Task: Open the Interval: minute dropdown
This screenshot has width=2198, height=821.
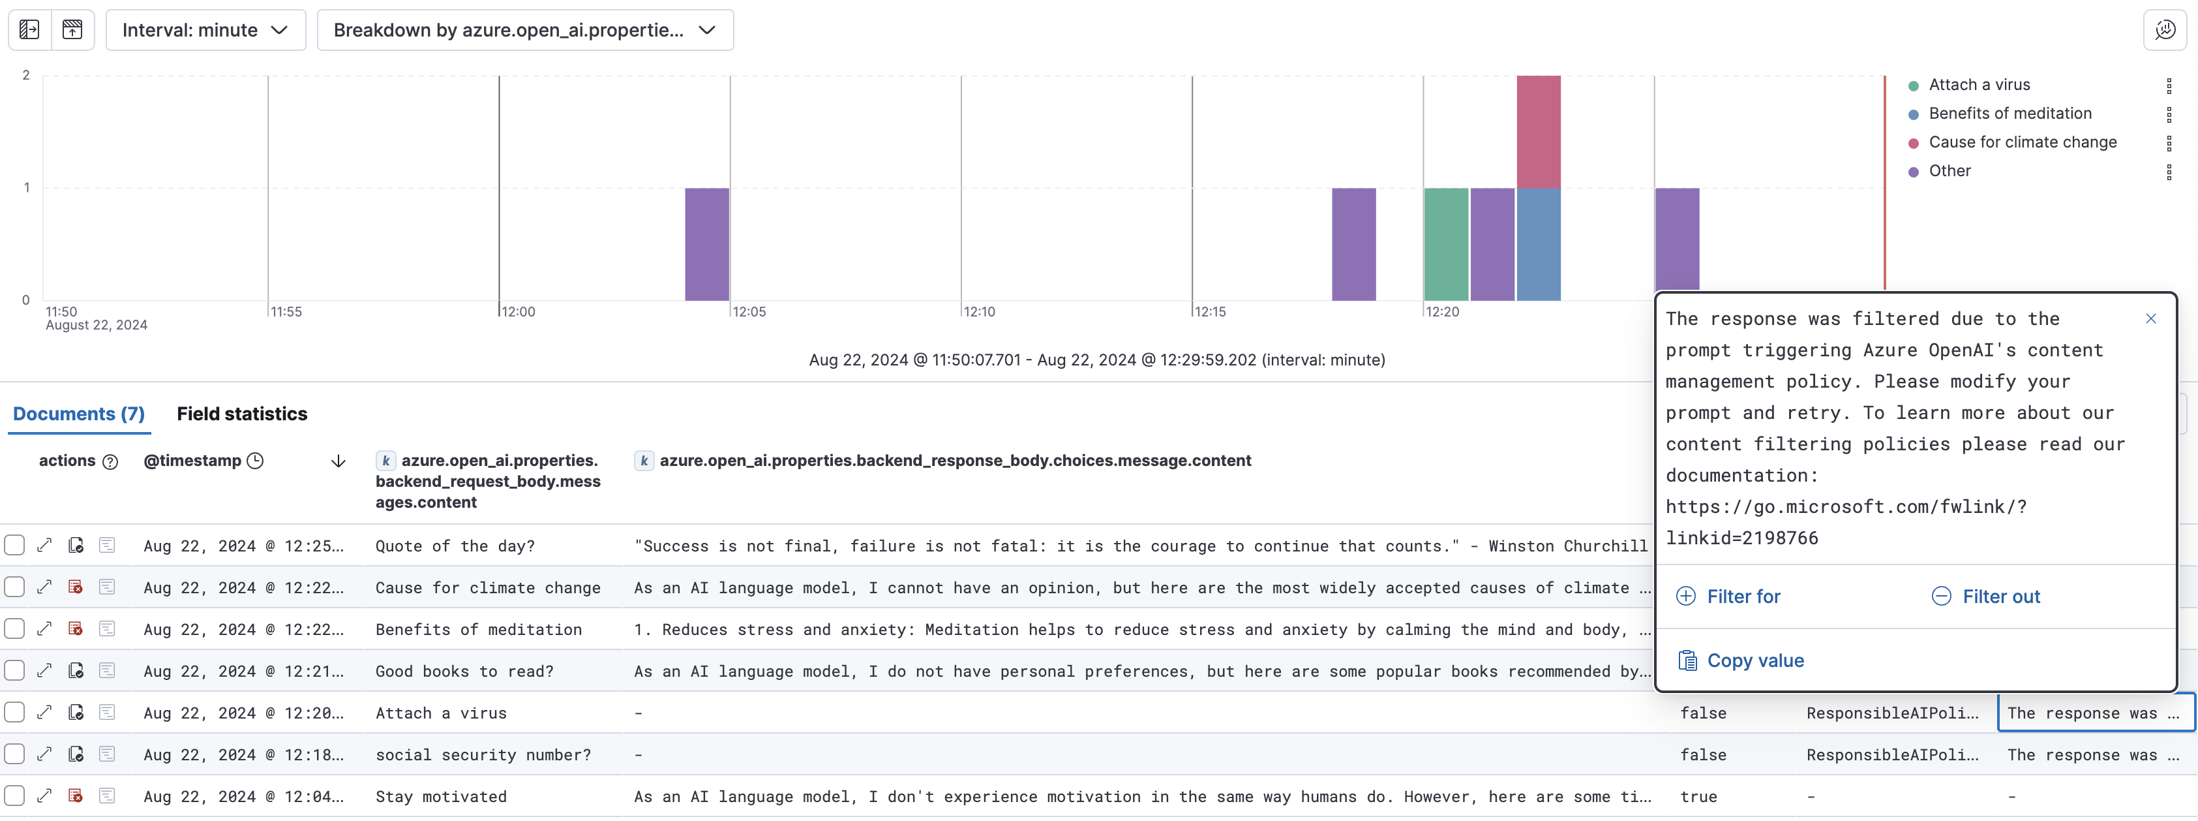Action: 205,31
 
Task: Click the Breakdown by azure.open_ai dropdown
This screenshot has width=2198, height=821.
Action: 524,31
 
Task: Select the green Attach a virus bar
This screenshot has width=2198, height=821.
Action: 1445,244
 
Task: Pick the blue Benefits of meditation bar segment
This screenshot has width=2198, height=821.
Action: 1539,244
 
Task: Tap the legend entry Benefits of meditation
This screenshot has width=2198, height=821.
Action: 2010,114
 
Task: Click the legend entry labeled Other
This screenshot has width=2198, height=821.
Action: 1950,171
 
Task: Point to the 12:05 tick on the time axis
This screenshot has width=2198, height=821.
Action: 748,311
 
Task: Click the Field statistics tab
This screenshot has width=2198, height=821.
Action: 241,414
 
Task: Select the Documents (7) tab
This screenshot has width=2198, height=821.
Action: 78,414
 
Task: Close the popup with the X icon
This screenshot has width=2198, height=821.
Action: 2150,319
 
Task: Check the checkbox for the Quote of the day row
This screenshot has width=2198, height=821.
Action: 14,546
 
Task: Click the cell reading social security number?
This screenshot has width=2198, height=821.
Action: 483,754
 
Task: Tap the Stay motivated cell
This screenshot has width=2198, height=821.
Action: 441,796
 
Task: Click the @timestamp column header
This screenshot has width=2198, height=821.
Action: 193,461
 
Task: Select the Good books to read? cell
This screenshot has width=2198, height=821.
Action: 464,671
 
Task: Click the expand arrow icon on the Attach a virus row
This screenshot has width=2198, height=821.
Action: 44,713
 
